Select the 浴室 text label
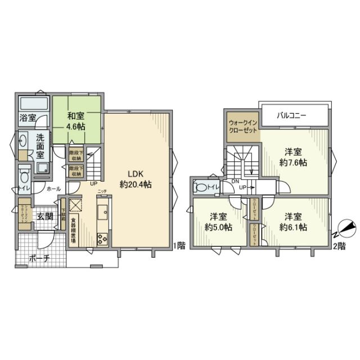tap(28, 118)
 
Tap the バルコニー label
tap(291, 116)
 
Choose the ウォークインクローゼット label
tap(241, 125)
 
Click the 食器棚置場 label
tap(74, 229)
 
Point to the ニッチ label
tap(102, 192)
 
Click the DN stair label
tap(236, 181)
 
